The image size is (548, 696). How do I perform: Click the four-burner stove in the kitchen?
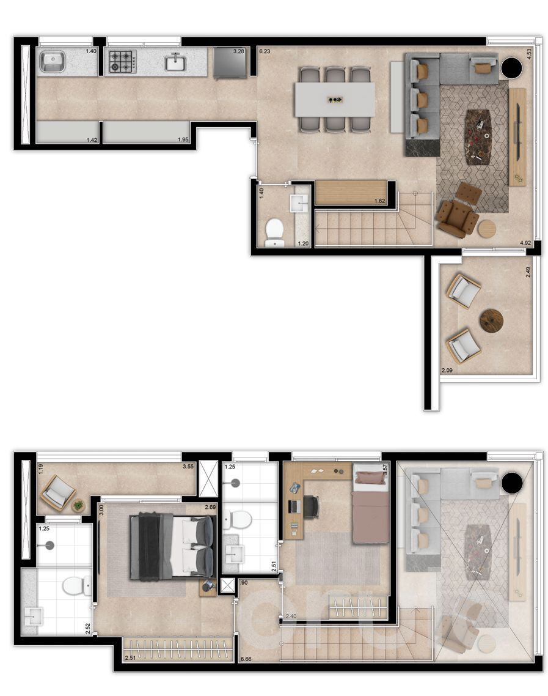pos(122,61)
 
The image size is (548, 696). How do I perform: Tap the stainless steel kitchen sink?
pos(53,61)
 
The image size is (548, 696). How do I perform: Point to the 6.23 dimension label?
pos(265,52)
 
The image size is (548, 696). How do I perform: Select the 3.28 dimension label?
pos(238,52)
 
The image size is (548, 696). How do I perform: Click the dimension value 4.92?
pos(525,243)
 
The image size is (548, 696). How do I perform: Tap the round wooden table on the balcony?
pos(491,320)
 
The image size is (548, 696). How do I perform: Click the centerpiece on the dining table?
pos(334,99)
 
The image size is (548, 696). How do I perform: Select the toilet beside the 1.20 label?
pos(275,232)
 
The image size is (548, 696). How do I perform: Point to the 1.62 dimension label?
pos(379,201)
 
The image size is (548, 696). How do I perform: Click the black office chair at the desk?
pos(311,506)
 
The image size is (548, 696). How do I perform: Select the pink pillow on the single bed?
pos(371,478)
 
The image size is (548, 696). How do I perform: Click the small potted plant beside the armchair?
pos(78,505)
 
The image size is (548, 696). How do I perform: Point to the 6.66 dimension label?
pos(247,659)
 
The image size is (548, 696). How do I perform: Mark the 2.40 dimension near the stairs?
pos(291,616)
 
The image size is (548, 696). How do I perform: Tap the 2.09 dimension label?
pos(447,371)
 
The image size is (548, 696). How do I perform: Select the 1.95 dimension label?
pos(183,140)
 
